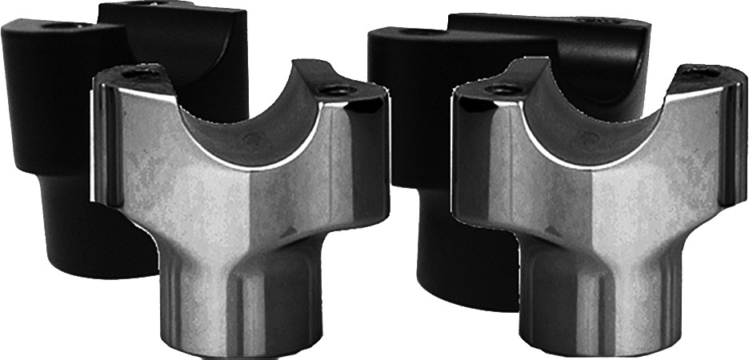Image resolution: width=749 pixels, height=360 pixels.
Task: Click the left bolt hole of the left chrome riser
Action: (142, 74)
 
